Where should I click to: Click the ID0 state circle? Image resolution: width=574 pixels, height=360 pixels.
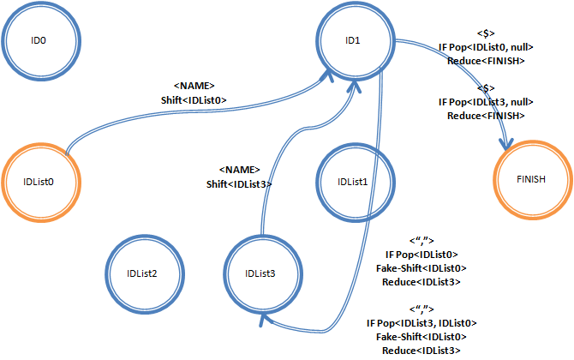pos(39,40)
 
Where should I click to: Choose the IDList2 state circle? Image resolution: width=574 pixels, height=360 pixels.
pos(141,273)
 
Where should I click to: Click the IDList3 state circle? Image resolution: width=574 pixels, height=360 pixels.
pos(260,273)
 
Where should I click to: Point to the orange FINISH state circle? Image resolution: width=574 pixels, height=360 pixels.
pos(530,179)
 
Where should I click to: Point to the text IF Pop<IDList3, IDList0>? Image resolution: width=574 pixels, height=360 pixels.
pos(421,322)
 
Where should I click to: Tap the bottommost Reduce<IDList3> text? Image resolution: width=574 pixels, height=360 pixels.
pos(421,350)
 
